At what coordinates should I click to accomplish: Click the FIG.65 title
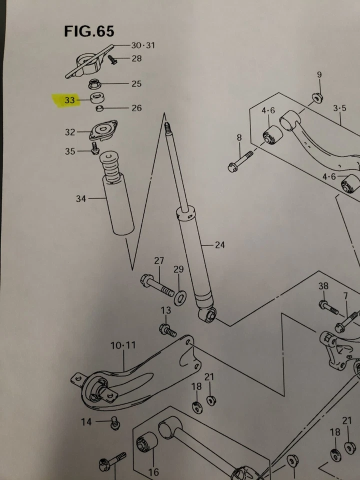(89, 31)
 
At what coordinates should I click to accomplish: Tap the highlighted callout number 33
(69, 100)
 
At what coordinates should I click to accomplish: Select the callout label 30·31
(142, 45)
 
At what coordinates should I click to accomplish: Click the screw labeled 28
(111, 60)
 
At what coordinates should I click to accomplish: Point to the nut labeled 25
(94, 83)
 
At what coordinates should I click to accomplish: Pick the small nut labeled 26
(100, 108)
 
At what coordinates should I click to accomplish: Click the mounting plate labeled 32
(102, 131)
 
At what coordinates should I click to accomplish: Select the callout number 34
(81, 199)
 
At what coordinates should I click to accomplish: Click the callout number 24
(219, 245)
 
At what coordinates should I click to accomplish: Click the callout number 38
(323, 286)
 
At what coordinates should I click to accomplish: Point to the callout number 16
(153, 471)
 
